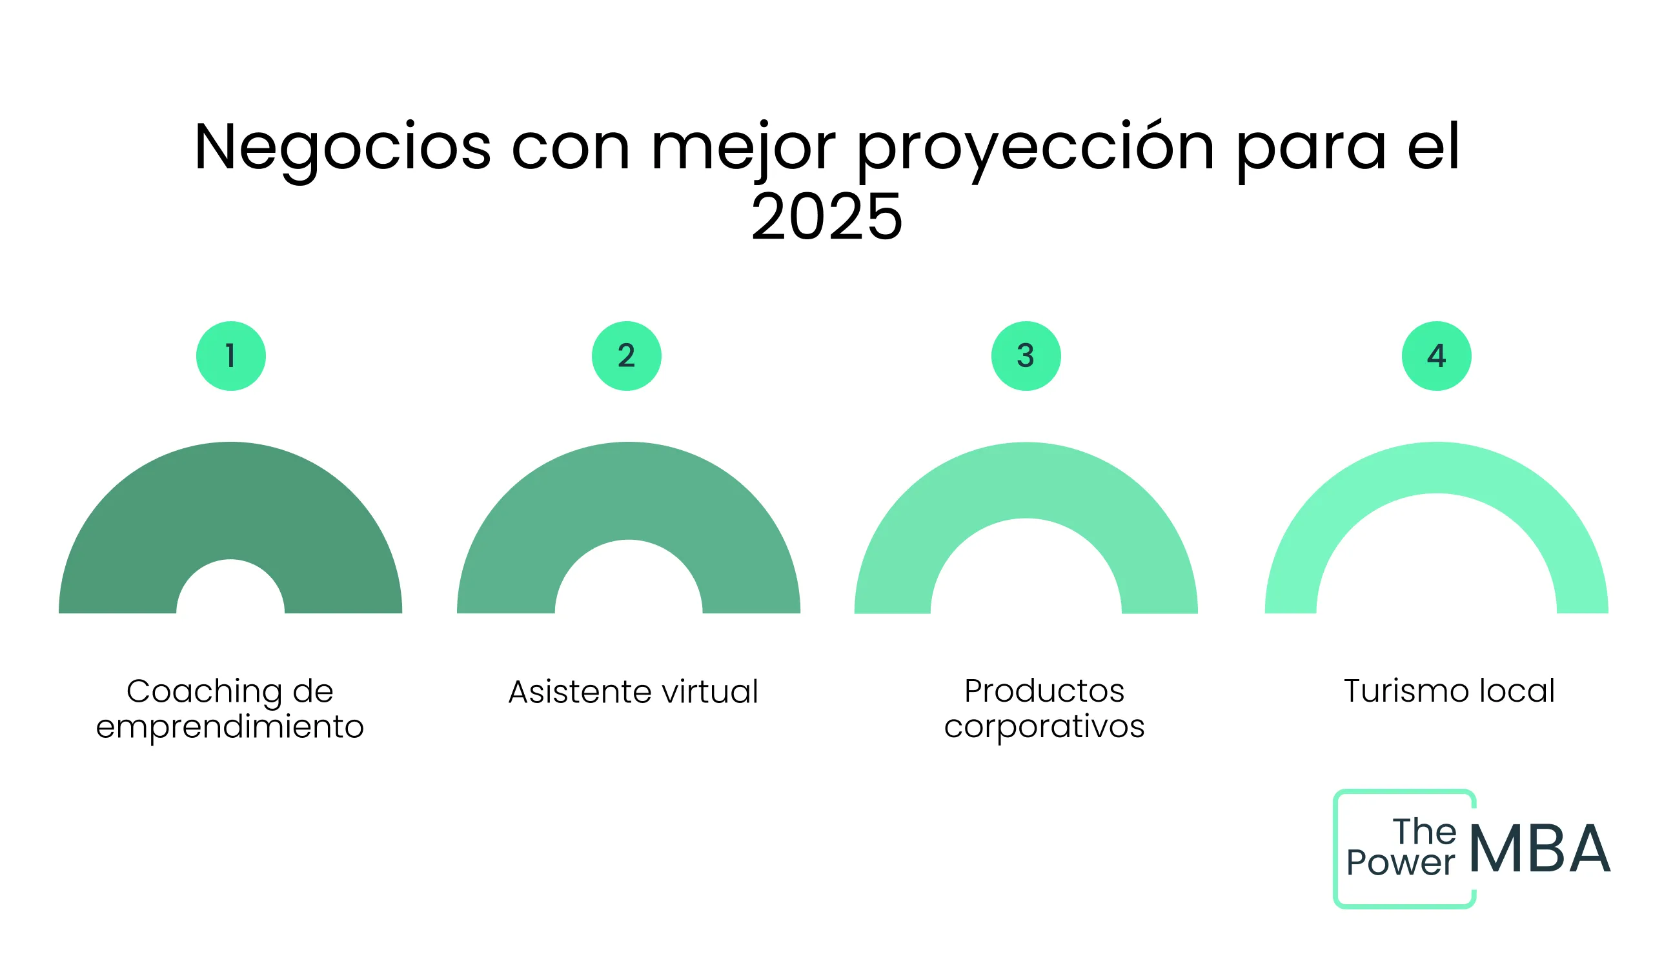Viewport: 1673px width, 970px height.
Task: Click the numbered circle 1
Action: point(231,356)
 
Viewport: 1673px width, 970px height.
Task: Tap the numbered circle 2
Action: point(627,356)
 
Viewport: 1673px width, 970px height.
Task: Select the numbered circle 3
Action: point(1026,356)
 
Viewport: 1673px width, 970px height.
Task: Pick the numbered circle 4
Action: point(1437,356)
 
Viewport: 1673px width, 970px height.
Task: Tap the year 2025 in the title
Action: point(827,217)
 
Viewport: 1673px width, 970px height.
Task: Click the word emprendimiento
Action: point(230,726)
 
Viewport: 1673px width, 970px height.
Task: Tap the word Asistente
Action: point(580,693)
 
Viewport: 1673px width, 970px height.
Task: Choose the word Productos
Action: point(1044,692)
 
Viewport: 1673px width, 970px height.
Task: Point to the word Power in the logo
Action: point(1401,863)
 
